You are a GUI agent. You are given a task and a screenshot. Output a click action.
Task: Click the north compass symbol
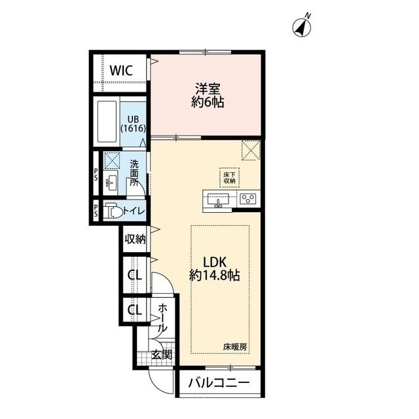click(x=302, y=27)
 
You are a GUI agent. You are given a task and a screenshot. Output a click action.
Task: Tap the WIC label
click(x=121, y=71)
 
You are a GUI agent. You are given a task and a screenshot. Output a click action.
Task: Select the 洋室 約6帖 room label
click(x=208, y=96)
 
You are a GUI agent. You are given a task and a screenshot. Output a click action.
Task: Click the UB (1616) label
click(x=133, y=124)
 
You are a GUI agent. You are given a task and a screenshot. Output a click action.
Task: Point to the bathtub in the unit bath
click(x=107, y=122)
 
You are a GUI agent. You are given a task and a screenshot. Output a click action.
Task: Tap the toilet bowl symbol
click(x=113, y=211)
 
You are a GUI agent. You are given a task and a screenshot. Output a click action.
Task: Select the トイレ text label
click(x=134, y=211)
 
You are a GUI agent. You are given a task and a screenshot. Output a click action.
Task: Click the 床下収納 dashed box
click(x=229, y=177)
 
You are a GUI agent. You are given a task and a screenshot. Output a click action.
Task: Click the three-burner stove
click(x=248, y=199)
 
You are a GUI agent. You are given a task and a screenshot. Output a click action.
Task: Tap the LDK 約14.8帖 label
click(x=215, y=268)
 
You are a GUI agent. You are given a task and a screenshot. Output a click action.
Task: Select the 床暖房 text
click(x=235, y=347)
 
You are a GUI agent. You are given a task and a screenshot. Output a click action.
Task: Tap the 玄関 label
click(x=162, y=355)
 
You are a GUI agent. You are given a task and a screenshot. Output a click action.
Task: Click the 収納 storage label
click(x=136, y=238)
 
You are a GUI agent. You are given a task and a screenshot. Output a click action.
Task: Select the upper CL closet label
click(x=134, y=275)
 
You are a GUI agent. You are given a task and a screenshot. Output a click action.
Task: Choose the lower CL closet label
click(x=134, y=310)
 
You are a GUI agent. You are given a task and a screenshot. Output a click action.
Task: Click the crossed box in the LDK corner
click(x=251, y=151)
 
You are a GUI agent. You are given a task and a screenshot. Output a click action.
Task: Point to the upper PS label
click(x=96, y=173)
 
